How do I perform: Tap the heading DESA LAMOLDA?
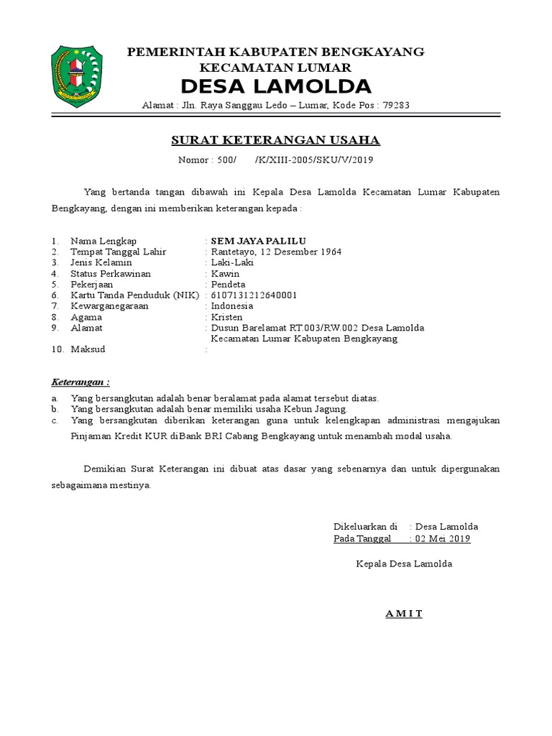tap(276, 87)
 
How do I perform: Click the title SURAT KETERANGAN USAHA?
tap(276, 139)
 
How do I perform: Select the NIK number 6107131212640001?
tap(254, 295)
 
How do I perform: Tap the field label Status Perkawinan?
tap(111, 274)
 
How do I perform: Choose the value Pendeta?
tap(228, 285)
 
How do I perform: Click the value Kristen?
tap(226, 317)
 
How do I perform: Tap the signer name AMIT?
tap(403, 613)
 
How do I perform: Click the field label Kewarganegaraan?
tap(109, 306)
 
